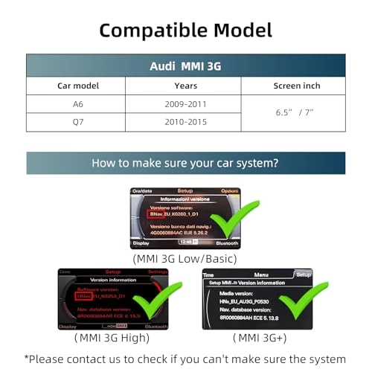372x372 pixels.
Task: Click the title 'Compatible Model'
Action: point(185,30)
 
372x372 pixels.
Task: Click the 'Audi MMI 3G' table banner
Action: point(185,65)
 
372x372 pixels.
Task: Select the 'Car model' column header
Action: point(78,86)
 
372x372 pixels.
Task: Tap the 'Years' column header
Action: point(185,86)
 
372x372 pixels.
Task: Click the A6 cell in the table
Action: point(78,104)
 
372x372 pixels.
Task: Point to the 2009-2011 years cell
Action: point(185,104)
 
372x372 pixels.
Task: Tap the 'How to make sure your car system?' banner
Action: point(185,162)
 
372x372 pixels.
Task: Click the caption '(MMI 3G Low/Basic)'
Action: point(185,258)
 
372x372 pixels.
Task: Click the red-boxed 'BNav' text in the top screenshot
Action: point(157,214)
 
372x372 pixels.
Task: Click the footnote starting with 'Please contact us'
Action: point(185,359)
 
